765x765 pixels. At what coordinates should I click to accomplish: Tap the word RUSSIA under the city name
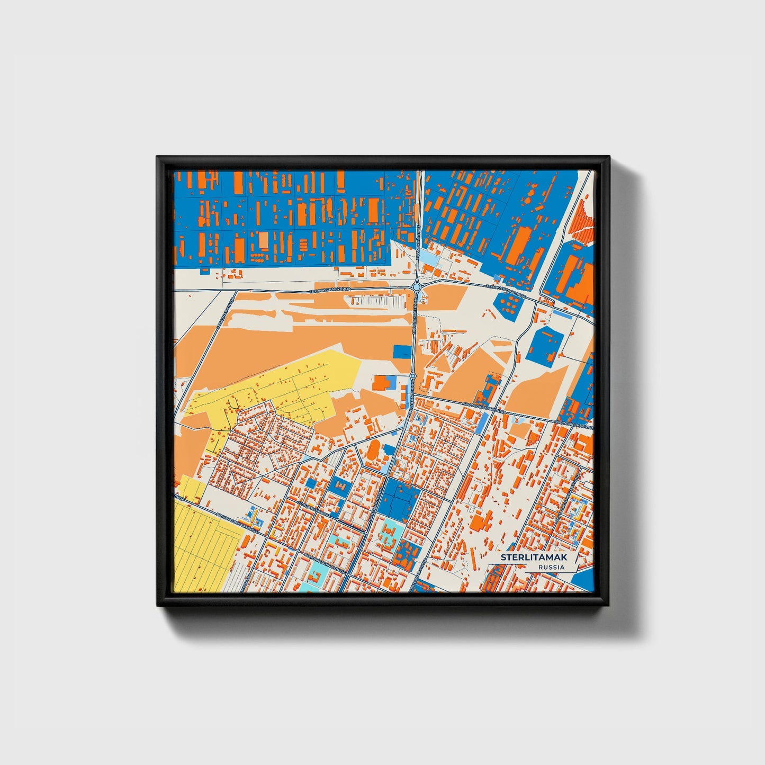(x=551, y=567)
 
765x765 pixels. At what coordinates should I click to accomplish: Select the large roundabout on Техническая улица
(x=417, y=287)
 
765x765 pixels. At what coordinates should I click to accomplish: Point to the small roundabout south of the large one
(x=413, y=376)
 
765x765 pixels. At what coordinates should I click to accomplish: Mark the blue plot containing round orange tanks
(x=510, y=304)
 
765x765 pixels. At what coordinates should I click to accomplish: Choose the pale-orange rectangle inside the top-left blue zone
(x=263, y=240)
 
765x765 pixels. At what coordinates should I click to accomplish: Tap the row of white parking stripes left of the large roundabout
(x=376, y=301)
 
